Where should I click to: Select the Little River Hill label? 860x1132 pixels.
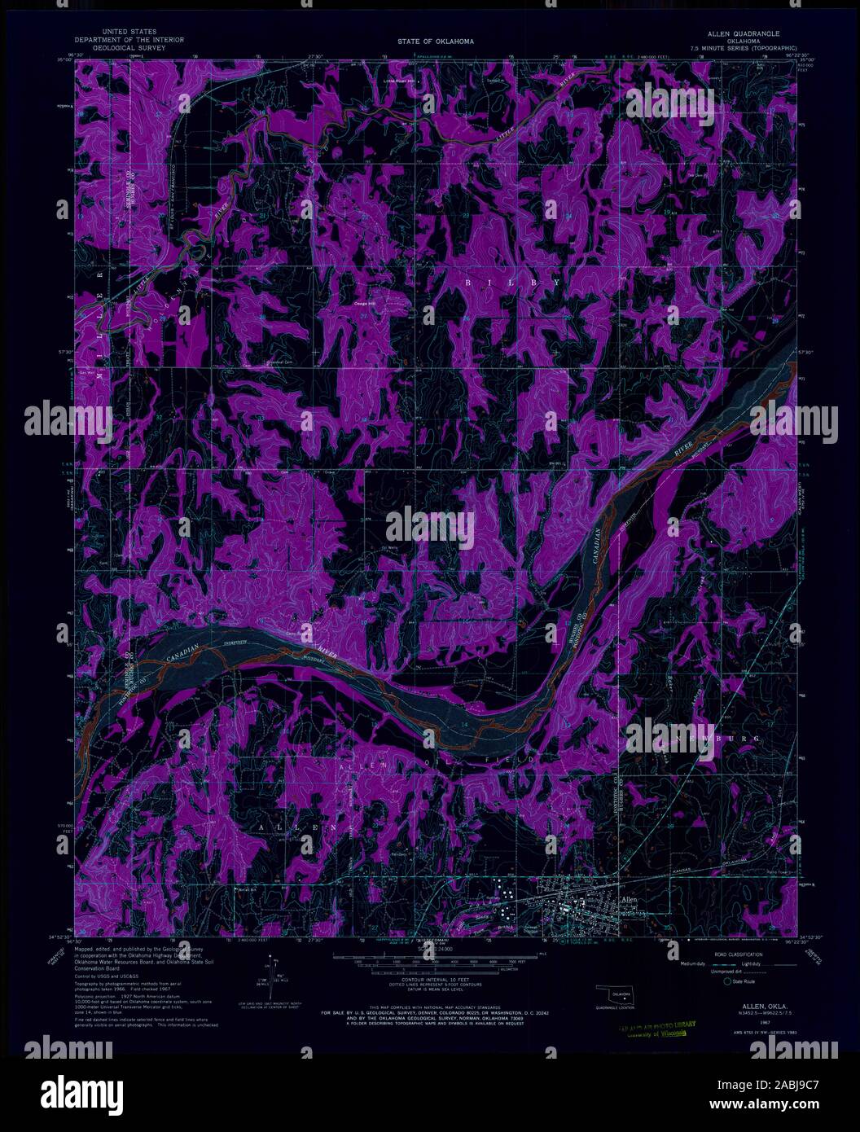click(x=400, y=81)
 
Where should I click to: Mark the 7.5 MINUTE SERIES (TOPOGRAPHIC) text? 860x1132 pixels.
click(x=744, y=48)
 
